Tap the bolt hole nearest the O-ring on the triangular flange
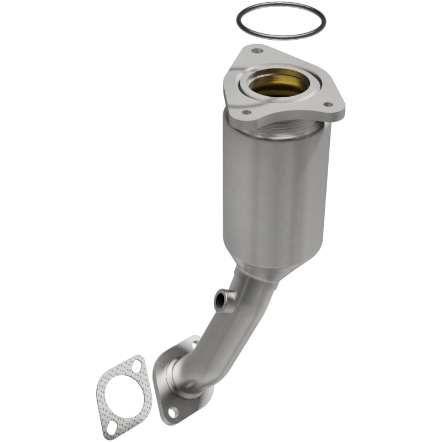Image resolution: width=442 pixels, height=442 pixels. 256,51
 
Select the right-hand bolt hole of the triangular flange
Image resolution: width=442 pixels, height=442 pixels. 327,104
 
